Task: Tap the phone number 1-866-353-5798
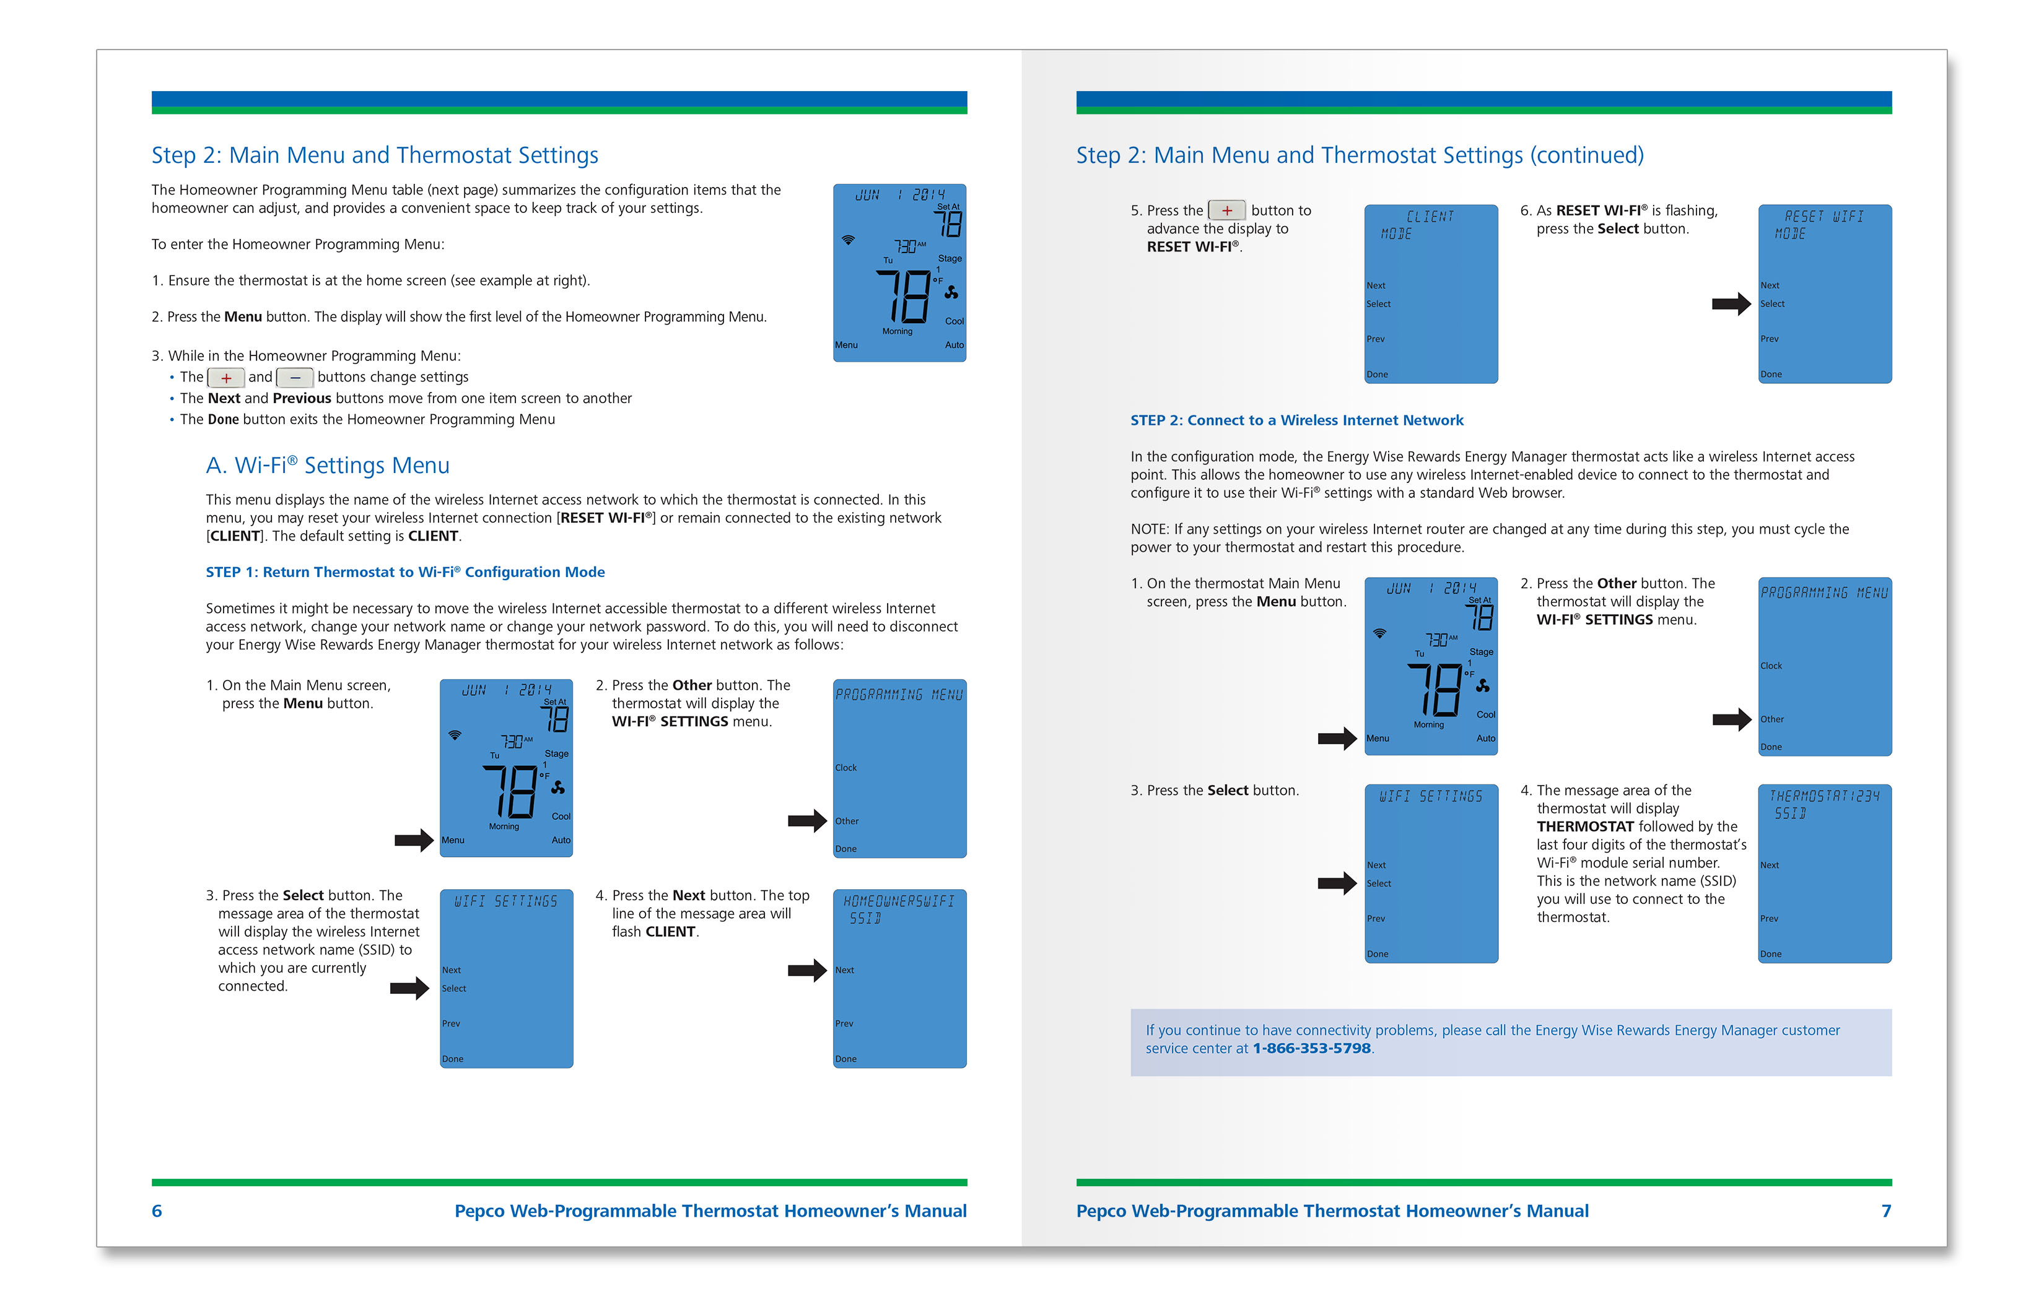click(x=1311, y=1049)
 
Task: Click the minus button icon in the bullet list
click(x=295, y=378)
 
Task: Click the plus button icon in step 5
click(x=1226, y=211)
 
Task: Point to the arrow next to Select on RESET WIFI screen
click(x=1731, y=304)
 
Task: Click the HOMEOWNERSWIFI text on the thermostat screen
click(x=899, y=901)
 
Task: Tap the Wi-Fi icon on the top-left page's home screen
click(x=848, y=240)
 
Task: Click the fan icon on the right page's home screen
click(x=1482, y=686)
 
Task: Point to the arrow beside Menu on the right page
click(x=1336, y=738)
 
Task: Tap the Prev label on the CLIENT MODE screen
click(x=1375, y=339)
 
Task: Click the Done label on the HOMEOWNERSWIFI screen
click(x=845, y=1059)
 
